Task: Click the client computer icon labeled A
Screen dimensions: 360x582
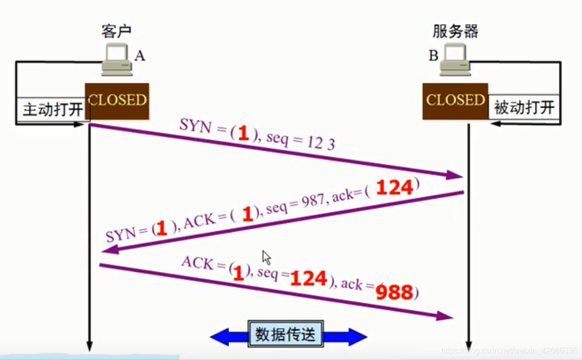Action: tap(116, 60)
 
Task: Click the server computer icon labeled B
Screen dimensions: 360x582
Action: tap(455, 59)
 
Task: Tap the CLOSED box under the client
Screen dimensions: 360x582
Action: tap(117, 101)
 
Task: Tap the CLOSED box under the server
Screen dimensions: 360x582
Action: tap(455, 101)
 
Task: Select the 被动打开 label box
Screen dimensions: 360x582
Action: tap(524, 107)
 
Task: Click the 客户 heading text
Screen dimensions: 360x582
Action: tap(116, 32)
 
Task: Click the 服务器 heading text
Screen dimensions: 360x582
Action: tap(455, 32)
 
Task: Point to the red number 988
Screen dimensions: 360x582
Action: tap(396, 292)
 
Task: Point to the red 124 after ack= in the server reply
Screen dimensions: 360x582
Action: tap(395, 188)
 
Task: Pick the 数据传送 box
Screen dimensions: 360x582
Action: tap(286, 334)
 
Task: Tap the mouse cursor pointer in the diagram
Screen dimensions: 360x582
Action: tap(267, 258)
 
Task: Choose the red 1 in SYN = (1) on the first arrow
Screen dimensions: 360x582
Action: tap(243, 133)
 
